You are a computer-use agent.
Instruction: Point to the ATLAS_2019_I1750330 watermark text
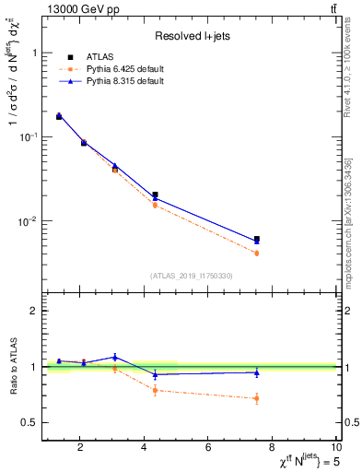pos(192,276)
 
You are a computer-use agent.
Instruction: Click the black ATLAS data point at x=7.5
pos(257,240)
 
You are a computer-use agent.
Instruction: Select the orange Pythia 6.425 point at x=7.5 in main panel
pos(257,253)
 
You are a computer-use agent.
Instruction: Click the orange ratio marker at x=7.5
pos(257,398)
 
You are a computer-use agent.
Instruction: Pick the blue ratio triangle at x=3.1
pos(115,357)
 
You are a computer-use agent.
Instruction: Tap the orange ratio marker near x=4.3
pos(155,390)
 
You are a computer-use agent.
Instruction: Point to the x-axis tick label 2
pos(80,449)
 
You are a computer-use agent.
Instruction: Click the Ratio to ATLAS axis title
pos(12,366)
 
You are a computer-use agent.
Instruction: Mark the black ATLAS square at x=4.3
pos(155,195)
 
